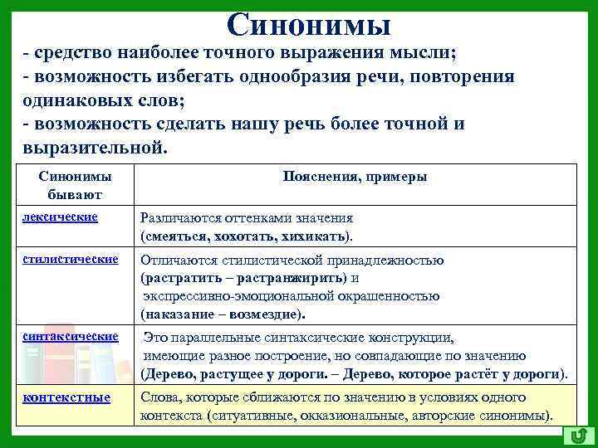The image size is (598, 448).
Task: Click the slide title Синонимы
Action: pyautogui.click(x=308, y=25)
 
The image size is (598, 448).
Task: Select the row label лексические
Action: pyautogui.click(x=61, y=217)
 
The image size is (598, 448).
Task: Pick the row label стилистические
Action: pyautogui.click(x=71, y=259)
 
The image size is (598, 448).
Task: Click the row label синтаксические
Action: pyautogui.click(x=71, y=336)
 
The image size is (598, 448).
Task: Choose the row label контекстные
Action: pyautogui.click(x=66, y=397)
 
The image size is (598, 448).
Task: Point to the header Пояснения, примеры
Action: pyautogui.click(x=355, y=177)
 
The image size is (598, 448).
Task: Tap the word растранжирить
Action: pyautogui.click(x=293, y=278)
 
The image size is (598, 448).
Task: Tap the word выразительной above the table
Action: pyautogui.click(x=90, y=147)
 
